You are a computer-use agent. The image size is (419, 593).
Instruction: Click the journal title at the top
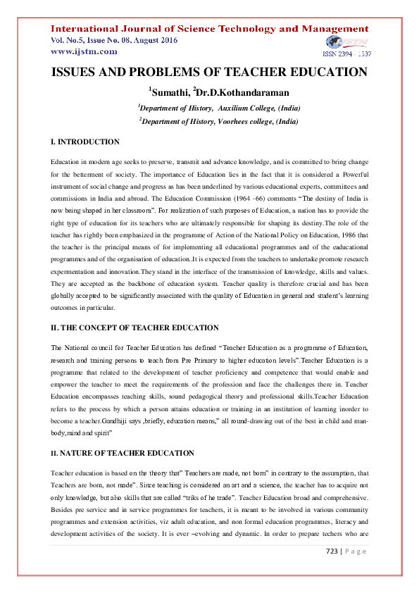(x=209, y=29)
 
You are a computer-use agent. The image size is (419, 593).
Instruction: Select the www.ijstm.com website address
(x=84, y=51)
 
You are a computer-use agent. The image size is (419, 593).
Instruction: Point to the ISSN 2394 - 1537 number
(x=346, y=54)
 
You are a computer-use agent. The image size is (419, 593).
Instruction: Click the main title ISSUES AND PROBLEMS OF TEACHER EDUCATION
(x=209, y=73)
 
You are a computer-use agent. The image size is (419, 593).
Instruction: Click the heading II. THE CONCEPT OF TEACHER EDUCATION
(x=135, y=328)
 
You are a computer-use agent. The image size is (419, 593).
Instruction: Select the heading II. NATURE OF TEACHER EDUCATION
(x=123, y=433)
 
